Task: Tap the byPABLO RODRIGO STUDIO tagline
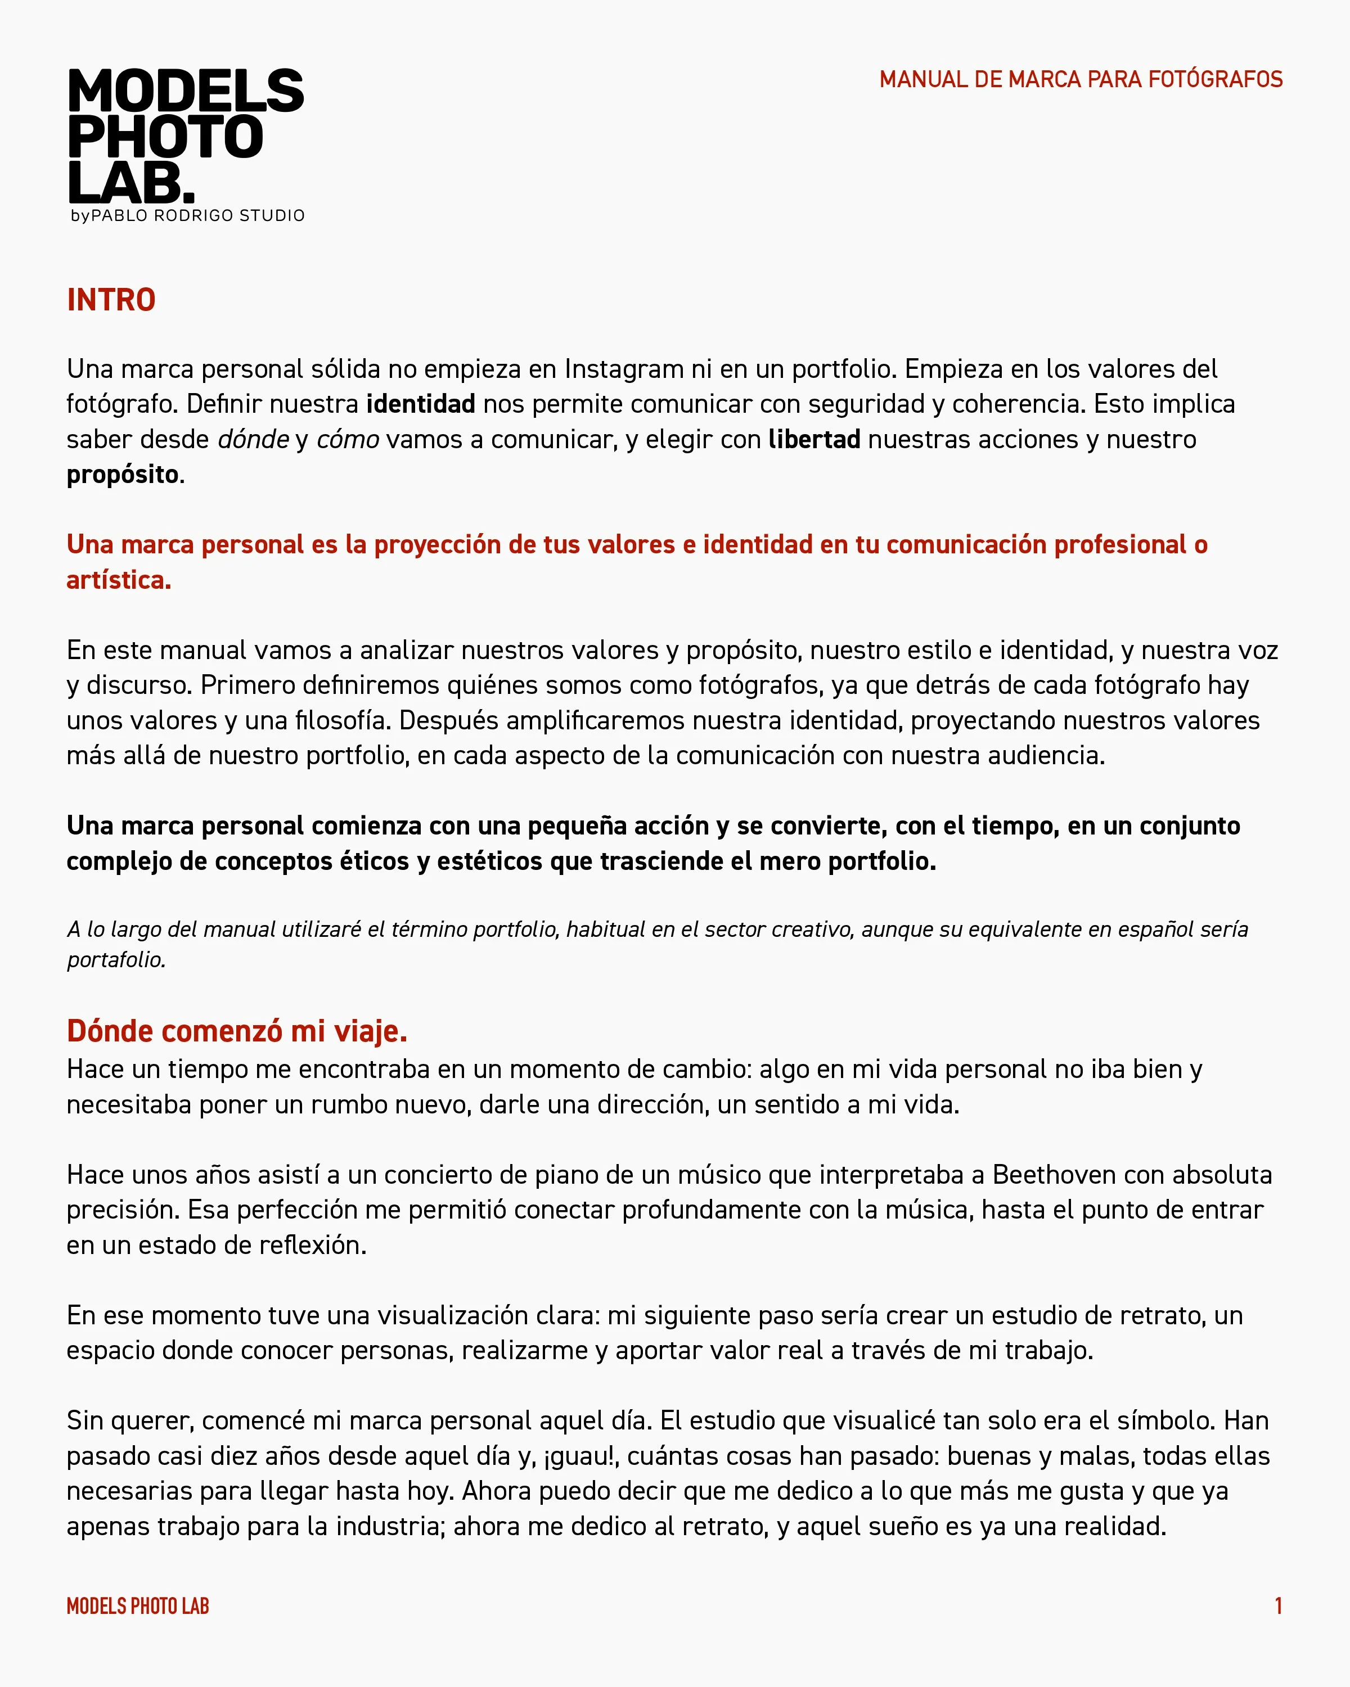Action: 187,215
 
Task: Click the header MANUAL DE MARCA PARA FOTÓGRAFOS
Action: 1080,79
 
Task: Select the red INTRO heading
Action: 111,300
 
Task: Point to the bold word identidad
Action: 420,404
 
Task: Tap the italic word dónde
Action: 253,439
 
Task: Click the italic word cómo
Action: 348,439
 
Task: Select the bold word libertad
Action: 814,439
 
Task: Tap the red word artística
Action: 118,580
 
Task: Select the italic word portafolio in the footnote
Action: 116,959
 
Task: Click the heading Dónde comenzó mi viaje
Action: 236,1031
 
